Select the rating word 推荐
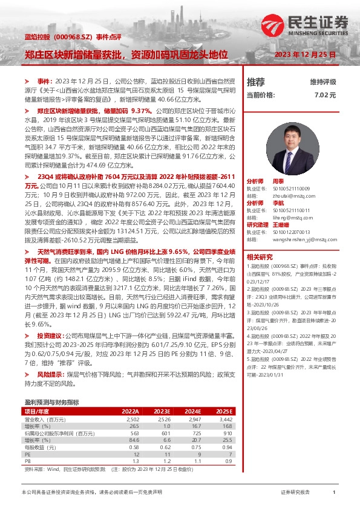pos(256,82)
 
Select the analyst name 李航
pos(278,203)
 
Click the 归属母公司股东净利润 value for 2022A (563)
pos(134,433)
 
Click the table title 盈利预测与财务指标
pos(51,402)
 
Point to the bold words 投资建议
pos(50,334)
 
